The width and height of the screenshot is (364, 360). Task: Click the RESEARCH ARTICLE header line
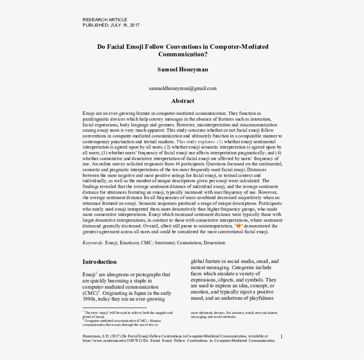click(x=105, y=20)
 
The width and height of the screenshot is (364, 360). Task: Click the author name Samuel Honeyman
click(x=182, y=70)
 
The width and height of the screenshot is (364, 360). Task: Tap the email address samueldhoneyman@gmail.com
click(x=182, y=88)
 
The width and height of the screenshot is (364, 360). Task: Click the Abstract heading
click(x=182, y=101)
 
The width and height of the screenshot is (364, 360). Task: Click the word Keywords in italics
click(x=93, y=243)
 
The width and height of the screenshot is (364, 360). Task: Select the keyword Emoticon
click(x=131, y=243)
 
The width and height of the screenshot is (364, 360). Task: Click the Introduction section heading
click(x=99, y=262)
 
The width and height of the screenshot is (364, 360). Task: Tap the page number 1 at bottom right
click(x=281, y=337)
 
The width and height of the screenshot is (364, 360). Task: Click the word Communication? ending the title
click(x=182, y=55)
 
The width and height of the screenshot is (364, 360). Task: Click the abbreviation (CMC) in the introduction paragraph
click(x=90, y=293)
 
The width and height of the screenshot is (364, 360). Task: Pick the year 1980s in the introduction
click(x=90, y=300)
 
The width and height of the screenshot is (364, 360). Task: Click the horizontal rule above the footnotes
click(x=114, y=307)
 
